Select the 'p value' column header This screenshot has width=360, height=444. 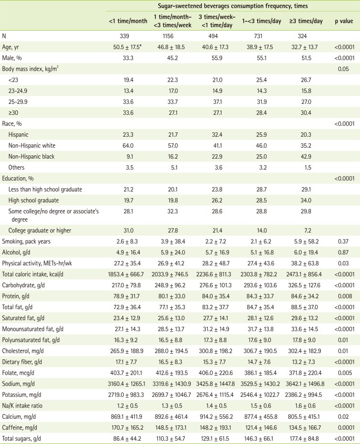coord(342,22)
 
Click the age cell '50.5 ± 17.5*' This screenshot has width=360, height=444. coord(127,48)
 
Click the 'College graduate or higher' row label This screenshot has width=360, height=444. coord(42,231)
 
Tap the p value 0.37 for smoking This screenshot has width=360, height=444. coord(342,242)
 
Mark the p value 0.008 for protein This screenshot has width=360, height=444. coord(342,298)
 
